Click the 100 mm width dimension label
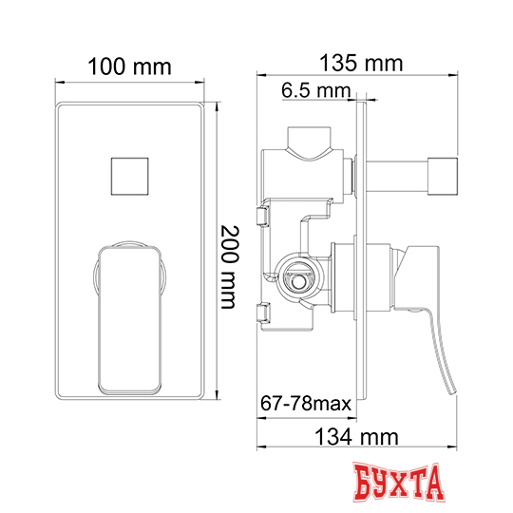point(129,66)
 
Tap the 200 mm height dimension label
point(229,267)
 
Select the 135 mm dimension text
point(361,63)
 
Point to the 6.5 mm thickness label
point(315,90)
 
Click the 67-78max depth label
point(306,404)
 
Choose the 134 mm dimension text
point(356,437)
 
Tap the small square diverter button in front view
point(129,177)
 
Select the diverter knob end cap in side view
point(443,177)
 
